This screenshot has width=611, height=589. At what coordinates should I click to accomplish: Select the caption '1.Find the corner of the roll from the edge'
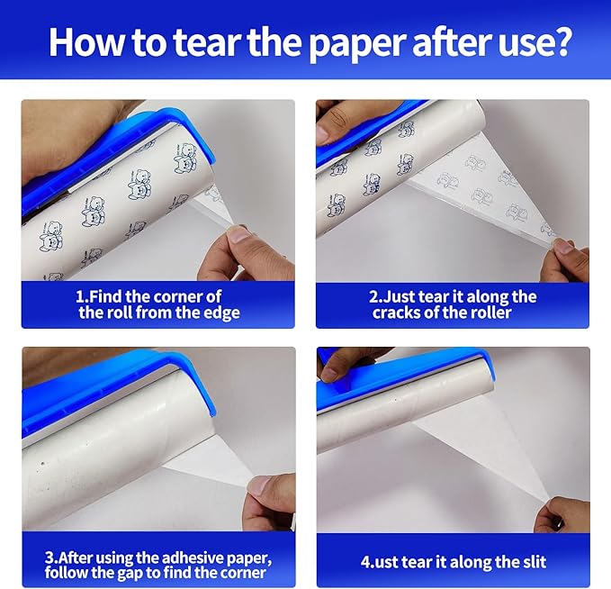pos(158,304)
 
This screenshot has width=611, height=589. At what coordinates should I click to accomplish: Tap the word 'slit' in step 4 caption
pos(527,562)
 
